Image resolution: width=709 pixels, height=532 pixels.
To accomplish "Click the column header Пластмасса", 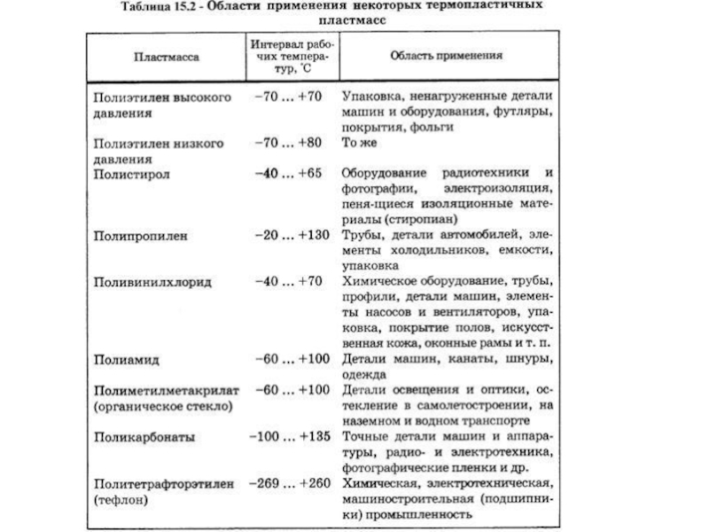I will [167, 55].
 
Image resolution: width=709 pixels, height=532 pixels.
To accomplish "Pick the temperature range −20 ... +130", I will [289, 235].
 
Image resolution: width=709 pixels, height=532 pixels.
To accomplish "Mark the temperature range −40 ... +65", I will [289, 175].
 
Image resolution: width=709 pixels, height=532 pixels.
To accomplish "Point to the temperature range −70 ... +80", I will [289, 143].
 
